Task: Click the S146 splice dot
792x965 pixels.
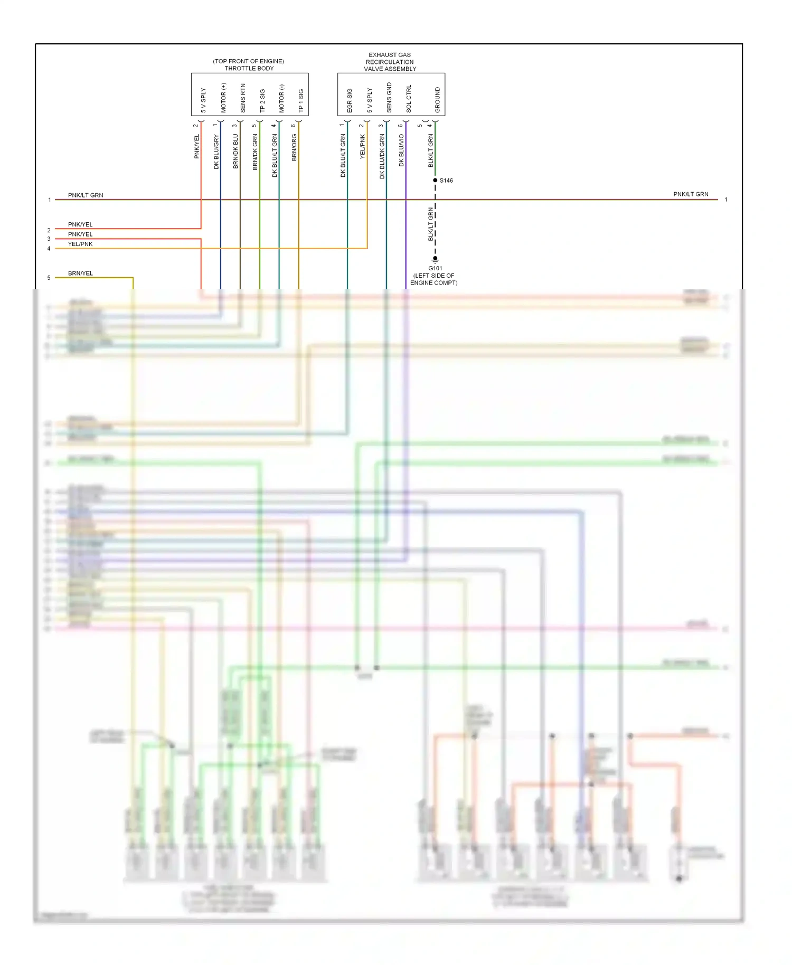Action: (x=435, y=181)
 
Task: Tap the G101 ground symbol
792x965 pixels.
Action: (x=435, y=259)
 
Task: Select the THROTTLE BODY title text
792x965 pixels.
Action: (x=249, y=69)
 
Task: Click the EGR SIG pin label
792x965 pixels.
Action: (x=350, y=100)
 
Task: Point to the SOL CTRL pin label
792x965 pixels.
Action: (x=409, y=99)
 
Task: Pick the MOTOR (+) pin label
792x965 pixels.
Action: (x=223, y=98)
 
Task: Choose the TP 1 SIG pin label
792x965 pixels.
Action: (x=301, y=100)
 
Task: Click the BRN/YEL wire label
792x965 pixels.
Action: (x=80, y=273)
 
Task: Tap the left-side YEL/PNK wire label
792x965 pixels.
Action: (x=80, y=244)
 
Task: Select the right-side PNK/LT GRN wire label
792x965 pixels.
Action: (x=691, y=194)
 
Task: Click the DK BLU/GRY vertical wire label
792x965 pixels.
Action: (x=216, y=152)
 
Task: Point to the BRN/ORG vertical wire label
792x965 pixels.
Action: (x=294, y=147)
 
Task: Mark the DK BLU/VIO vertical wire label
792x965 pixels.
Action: (x=401, y=150)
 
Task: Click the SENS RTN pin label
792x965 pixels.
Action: (x=243, y=98)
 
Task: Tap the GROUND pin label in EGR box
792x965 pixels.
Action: (x=437, y=100)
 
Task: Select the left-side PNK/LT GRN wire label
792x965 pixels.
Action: (x=86, y=195)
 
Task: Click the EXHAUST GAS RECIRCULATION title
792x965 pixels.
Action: (x=390, y=62)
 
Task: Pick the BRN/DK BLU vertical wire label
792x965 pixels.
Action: (x=236, y=151)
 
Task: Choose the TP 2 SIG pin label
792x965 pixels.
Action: (x=262, y=100)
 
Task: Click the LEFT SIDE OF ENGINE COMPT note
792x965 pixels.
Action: (x=433, y=279)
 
